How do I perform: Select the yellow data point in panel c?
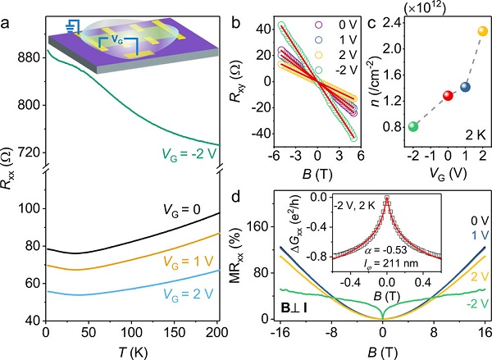tap(482, 32)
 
